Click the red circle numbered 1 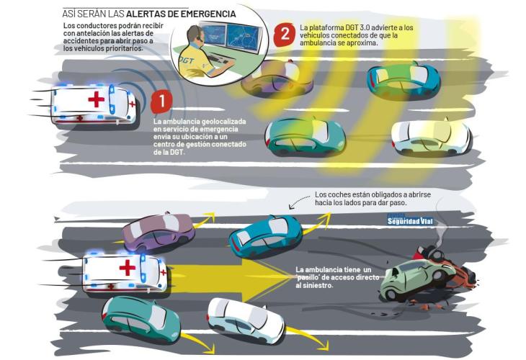[161, 102]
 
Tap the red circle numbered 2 [285, 35]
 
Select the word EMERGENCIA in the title [208, 14]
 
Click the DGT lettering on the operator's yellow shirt [187, 60]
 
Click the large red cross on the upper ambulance [97, 99]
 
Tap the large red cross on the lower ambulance [128, 268]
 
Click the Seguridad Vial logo [409, 220]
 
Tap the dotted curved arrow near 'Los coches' [299, 202]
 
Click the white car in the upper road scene [431, 138]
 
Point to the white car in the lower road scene [246, 320]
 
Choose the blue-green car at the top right [404, 81]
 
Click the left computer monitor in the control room [213, 35]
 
